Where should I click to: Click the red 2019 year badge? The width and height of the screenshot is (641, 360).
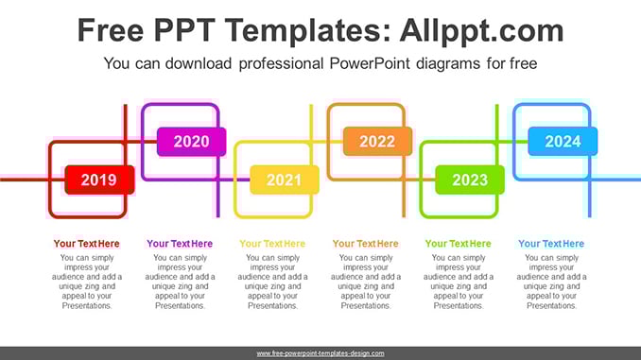(x=99, y=180)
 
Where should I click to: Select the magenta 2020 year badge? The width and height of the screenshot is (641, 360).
(x=192, y=142)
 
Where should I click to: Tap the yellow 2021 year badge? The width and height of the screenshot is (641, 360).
(x=285, y=180)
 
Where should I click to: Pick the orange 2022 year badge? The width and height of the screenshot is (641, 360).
(x=377, y=142)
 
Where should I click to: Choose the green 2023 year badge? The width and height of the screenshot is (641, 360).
(x=470, y=180)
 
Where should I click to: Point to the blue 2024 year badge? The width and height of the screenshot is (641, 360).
(x=563, y=142)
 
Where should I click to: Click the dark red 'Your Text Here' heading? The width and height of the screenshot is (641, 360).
(x=87, y=244)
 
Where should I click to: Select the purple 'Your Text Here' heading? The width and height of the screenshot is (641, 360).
(x=180, y=244)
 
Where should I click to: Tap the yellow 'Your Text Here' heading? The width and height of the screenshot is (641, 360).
(x=272, y=244)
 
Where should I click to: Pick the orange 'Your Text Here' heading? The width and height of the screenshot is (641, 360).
(x=366, y=244)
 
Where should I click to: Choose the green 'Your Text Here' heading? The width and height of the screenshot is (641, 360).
(x=459, y=244)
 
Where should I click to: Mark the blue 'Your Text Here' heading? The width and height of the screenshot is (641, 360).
(x=551, y=244)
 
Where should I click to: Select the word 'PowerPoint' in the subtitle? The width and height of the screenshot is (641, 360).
(x=370, y=63)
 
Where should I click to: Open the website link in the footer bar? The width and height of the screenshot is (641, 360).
(x=320, y=353)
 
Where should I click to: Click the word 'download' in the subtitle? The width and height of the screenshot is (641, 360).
(x=199, y=63)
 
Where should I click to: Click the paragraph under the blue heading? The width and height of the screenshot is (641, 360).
(x=551, y=282)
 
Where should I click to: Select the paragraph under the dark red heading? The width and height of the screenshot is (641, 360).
(x=87, y=282)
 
